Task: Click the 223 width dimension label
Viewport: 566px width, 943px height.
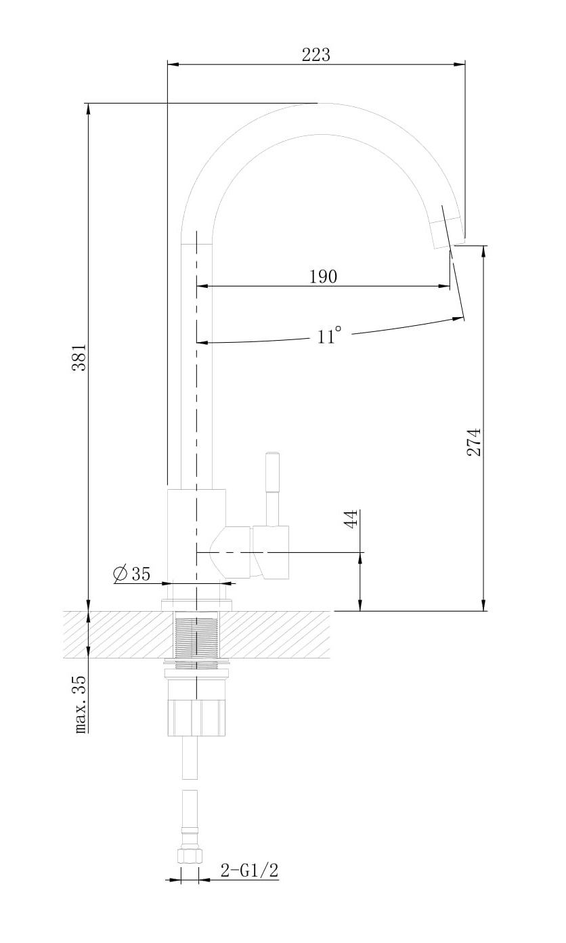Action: (315, 55)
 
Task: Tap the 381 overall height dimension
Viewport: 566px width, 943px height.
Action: (79, 358)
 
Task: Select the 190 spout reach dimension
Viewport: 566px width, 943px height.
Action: (323, 276)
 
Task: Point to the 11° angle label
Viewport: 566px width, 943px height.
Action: (328, 335)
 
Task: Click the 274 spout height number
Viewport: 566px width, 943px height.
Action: (473, 442)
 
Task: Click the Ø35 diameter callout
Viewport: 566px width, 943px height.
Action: (132, 573)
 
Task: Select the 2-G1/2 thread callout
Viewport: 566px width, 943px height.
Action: (250, 870)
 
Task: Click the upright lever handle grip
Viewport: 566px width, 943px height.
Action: (272, 472)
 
